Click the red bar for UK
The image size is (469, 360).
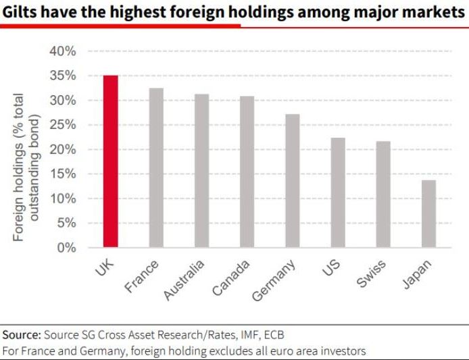click(110, 162)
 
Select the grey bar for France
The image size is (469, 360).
click(155, 168)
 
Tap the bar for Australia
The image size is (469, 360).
click(201, 171)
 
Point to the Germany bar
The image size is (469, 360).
click(292, 181)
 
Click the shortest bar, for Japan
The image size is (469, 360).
click(428, 213)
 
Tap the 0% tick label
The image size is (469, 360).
click(66, 248)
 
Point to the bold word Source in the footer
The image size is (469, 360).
click(21, 335)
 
